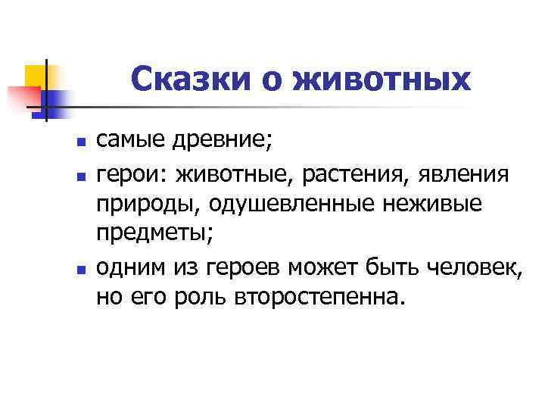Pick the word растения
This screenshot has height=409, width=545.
pos(354,176)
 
